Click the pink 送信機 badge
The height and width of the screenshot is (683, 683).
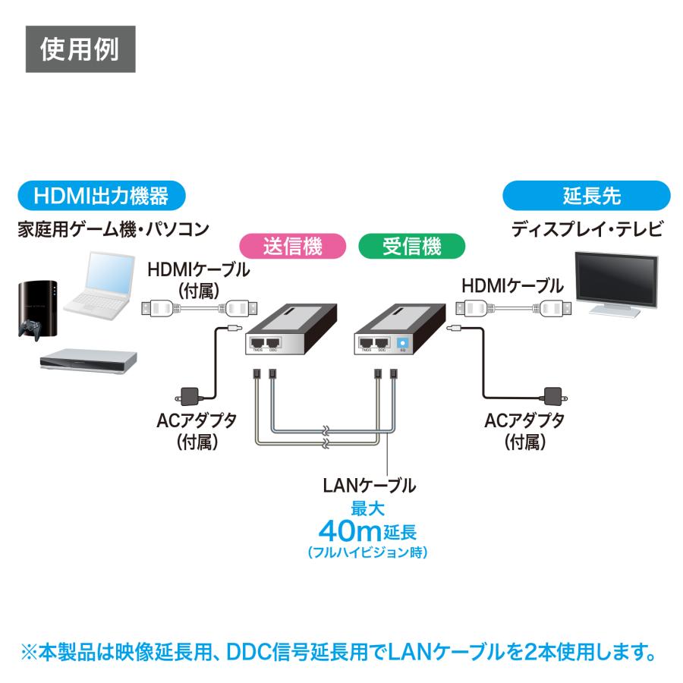click(292, 246)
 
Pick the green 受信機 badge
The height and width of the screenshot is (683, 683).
click(400, 246)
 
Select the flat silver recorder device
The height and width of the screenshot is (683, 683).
click(89, 361)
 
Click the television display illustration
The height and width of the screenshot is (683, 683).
click(615, 282)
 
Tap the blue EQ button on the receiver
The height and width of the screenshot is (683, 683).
click(402, 343)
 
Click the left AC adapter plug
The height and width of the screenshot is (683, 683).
click(189, 395)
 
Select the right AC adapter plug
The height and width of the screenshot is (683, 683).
click(552, 395)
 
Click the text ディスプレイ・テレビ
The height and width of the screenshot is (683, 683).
click(587, 229)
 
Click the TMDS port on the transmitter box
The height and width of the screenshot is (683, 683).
click(258, 343)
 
